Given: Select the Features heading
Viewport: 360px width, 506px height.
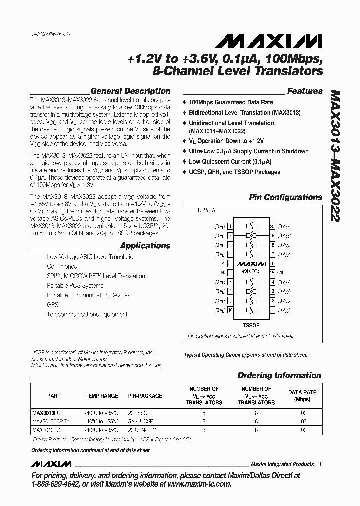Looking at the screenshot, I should pos(304,91).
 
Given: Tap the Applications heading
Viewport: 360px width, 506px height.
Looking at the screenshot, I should pos(145,246).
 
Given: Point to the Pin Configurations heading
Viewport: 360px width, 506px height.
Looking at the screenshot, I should pos(285,197).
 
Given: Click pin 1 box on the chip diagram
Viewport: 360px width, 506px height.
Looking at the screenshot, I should pos(230,227).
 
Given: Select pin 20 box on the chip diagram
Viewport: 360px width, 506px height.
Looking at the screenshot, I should pos(272,227).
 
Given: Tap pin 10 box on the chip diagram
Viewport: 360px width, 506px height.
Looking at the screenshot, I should pos(230,310).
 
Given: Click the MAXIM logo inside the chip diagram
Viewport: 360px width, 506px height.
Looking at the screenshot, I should pos(251,263).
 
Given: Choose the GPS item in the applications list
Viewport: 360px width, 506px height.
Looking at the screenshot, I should pos(52,305).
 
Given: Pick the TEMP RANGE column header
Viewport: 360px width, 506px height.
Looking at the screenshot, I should pos(101,396).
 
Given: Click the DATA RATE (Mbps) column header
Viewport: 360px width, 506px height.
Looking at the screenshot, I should pos(302,396).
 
